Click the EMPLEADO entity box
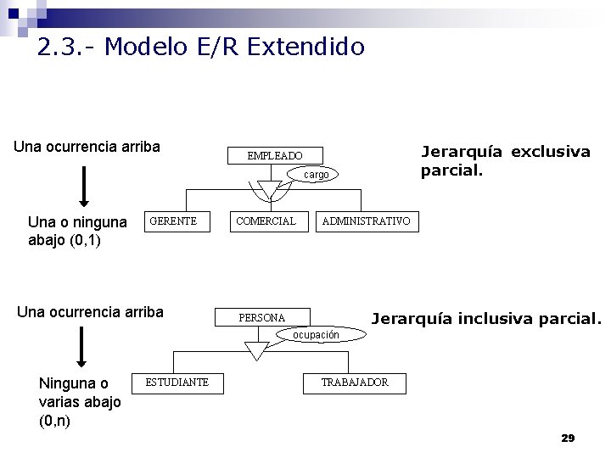(274, 156)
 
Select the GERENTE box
(173, 221)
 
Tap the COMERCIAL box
(266, 221)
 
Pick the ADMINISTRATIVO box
(365, 221)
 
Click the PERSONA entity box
(262, 318)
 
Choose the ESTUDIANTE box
(177, 383)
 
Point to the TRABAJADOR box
(355, 383)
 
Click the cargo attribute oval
(317, 175)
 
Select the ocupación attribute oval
(316, 335)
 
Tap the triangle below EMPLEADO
(269, 188)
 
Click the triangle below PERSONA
(256, 349)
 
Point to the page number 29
(568, 438)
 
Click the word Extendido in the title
(306, 47)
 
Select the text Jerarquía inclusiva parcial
(486, 319)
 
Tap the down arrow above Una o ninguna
(84, 187)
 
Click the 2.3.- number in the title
(66, 47)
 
